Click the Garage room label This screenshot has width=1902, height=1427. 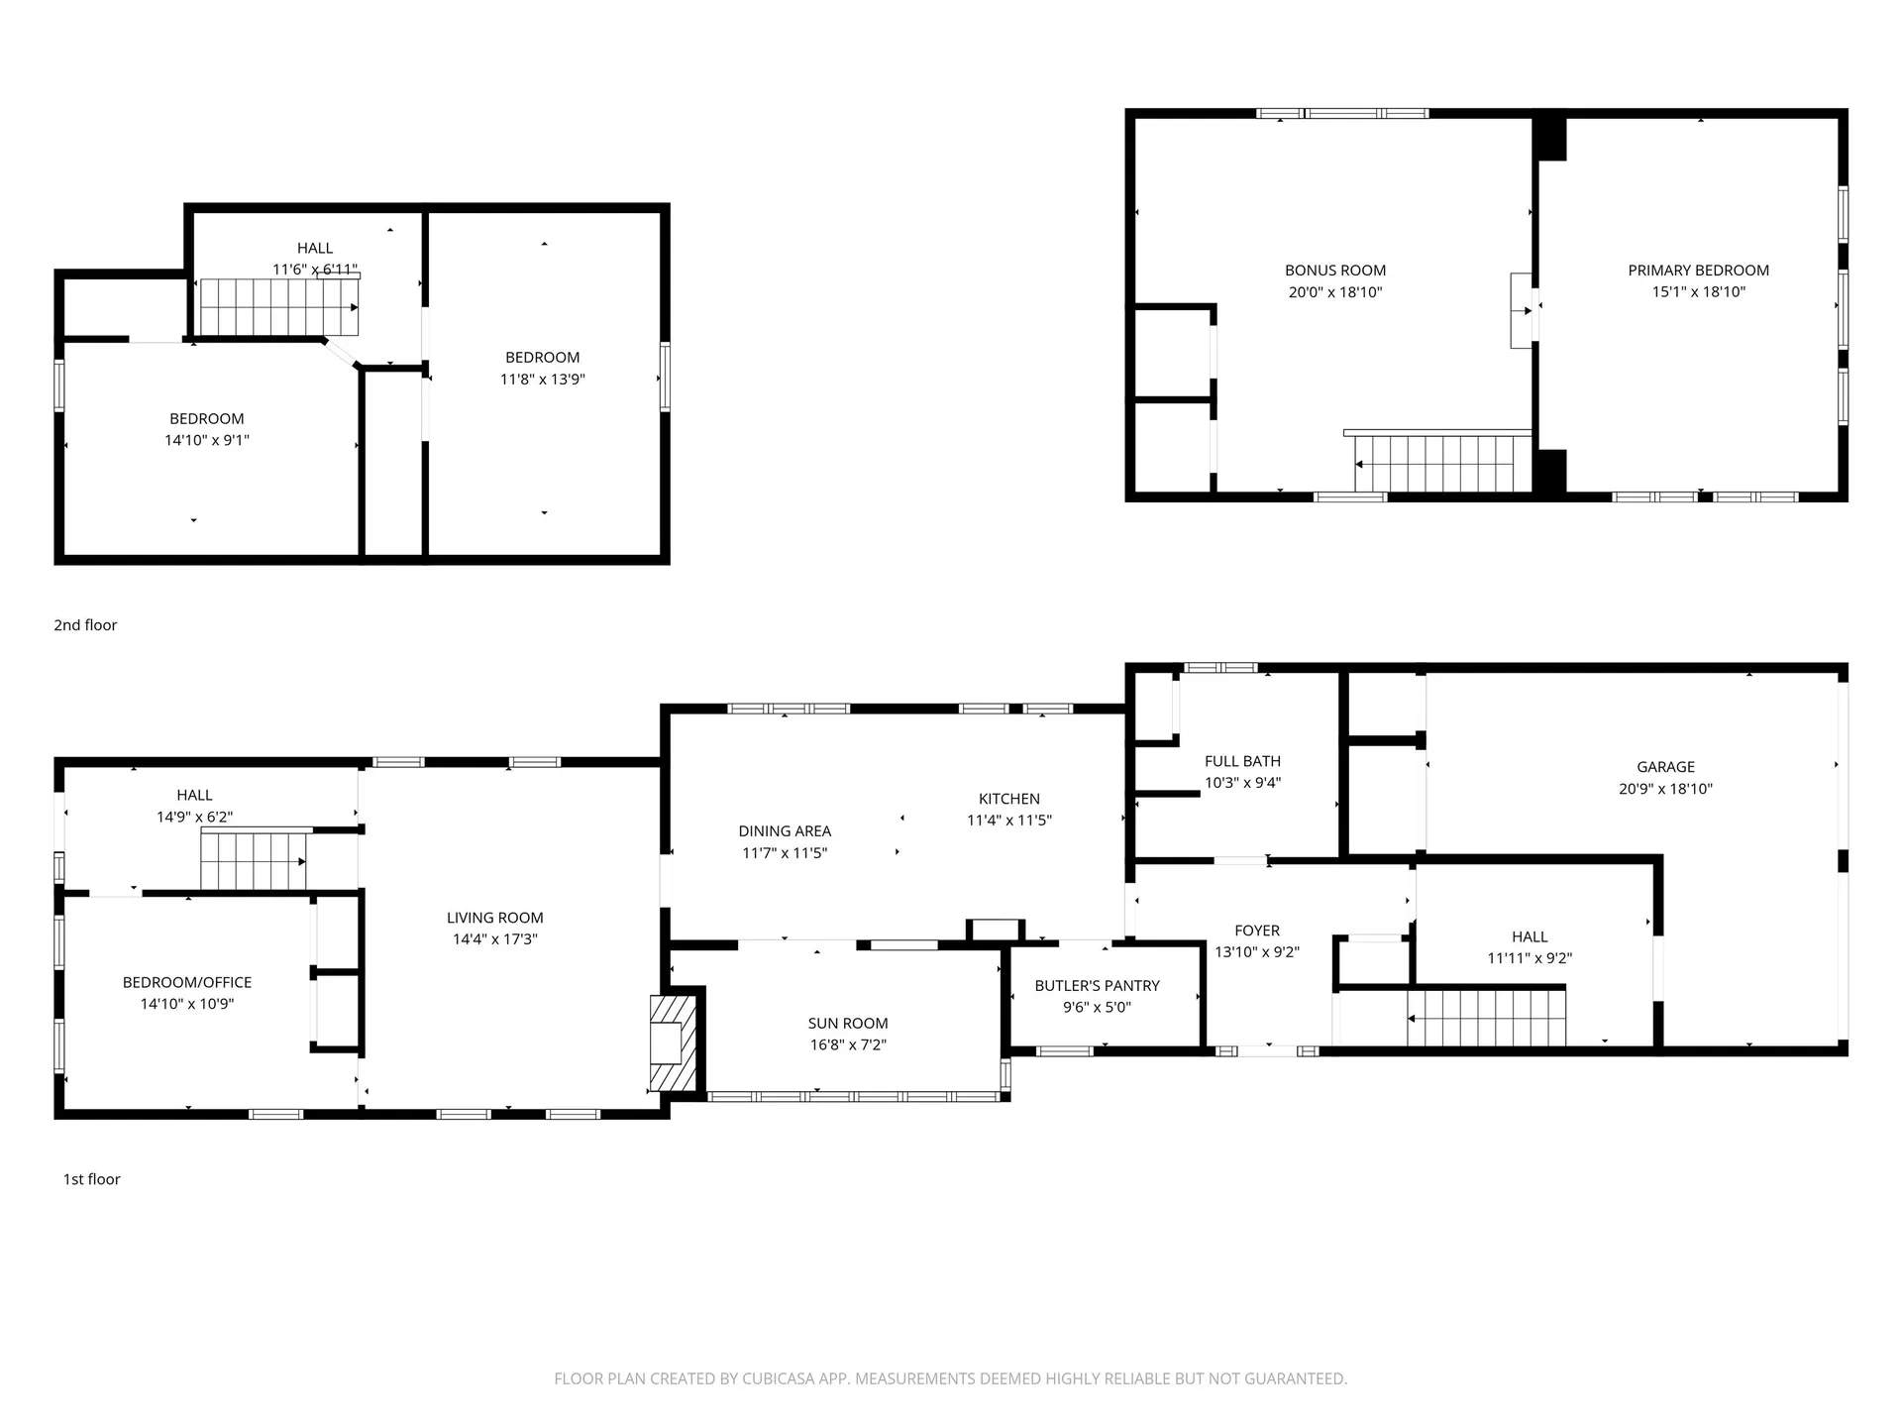click(x=1665, y=767)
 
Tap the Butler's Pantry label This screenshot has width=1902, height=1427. click(x=1097, y=986)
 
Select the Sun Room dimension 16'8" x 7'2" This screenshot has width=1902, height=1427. click(x=848, y=1044)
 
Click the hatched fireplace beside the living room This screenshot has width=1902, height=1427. click(x=673, y=1043)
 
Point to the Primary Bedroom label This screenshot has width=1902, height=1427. click(x=1698, y=271)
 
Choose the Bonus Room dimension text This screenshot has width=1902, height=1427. click(x=1334, y=292)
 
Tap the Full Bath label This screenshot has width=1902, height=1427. click(x=1242, y=761)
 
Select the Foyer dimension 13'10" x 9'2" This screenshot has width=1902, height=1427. click(x=1257, y=952)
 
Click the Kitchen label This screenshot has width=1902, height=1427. click(x=1008, y=799)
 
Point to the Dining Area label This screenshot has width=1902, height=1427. click(x=785, y=831)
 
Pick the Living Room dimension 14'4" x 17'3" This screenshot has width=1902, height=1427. click(x=494, y=939)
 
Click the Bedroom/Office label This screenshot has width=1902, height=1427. click(x=187, y=983)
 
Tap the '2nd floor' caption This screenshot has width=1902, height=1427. click(x=85, y=625)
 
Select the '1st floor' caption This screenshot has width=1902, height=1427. click(x=92, y=1179)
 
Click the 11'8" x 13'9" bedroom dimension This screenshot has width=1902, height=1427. click(x=542, y=380)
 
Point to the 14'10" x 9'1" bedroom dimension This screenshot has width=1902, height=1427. click(x=206, y=441)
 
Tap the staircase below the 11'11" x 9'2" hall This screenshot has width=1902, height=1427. click(x=1486, y=1017)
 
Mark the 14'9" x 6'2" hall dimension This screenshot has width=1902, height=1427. click(x=194, y=818)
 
